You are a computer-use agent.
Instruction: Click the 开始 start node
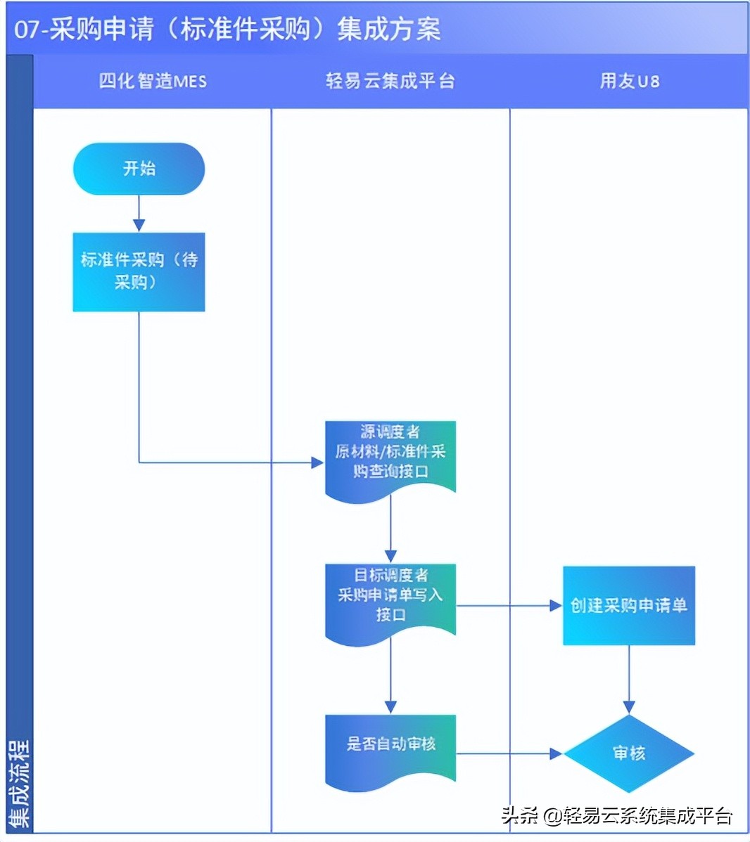click(139, 169)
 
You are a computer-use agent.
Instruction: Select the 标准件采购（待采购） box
click(139, 272)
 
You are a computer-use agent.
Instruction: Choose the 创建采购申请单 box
click(628, 605)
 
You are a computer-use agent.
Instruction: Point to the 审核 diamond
click(628, 753)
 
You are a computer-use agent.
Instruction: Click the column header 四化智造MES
click(153, 82)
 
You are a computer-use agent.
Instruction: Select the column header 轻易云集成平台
click(390, 82)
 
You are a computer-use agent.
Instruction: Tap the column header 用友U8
click(629, 82)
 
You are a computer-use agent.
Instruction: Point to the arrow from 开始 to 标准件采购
click(139, 214)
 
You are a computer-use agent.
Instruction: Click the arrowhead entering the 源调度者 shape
click(317, 462)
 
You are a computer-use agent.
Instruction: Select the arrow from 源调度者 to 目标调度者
click(390, 534)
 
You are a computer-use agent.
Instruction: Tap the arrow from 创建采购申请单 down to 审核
click(628, 679)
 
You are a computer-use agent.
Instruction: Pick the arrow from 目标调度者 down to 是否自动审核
click(390, 678)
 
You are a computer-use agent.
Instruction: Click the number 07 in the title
click(25, 30)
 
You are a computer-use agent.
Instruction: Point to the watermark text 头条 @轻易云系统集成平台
click(617, 815)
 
